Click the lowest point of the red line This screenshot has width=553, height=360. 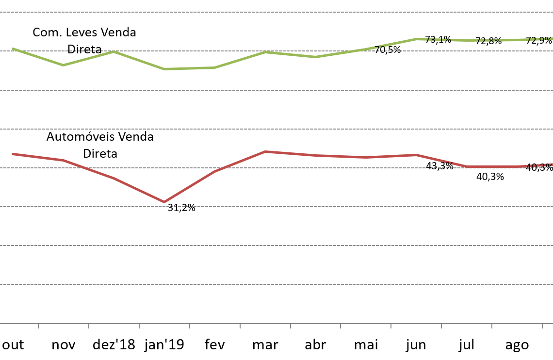point(164,202)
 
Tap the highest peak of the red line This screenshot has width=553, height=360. point(265,152)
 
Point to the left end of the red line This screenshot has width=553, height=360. point(13,154)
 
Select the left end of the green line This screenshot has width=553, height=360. point(13,49)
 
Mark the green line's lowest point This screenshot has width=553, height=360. point(164,69)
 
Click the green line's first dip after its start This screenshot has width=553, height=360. point(64,65)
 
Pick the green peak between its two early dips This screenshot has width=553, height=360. point(114,51)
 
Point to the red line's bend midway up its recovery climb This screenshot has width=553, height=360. point(214,172)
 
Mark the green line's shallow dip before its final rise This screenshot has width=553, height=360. point(315,57)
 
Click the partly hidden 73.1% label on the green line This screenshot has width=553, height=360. point(439,40)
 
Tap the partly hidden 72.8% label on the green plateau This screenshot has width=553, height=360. point(490,40)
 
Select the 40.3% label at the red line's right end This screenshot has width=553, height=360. point(539,166)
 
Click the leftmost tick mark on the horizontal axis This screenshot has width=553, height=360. point(38,326)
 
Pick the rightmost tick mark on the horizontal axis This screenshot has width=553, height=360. point(542,326)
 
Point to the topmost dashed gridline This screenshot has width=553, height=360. point(276,12)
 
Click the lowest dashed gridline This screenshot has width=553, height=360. point(276,284)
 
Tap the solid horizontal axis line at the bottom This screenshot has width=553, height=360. point(276,323)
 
